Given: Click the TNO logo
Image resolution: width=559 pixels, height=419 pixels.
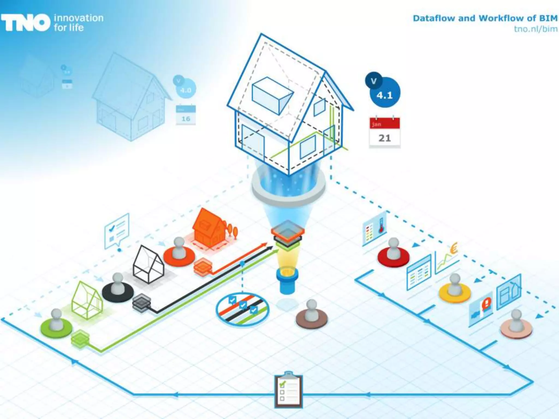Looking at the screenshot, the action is click(x=26, y=23).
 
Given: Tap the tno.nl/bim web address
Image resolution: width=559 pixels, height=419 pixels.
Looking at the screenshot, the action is click(x=536, y=29).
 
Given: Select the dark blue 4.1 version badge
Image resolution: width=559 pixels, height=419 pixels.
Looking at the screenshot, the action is click(x=384, y=93).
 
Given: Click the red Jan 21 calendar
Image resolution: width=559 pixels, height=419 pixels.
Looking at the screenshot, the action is click(x=384, y=133).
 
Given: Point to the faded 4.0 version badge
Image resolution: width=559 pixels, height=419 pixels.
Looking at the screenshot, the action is click(x=185, y=88).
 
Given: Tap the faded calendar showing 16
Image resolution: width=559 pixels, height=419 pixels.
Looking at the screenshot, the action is click(x=186, y=115).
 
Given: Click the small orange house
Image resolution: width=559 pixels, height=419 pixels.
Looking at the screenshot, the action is click(x=209, y=228).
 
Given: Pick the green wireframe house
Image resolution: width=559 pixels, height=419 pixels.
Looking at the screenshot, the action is click(x=87, y=300).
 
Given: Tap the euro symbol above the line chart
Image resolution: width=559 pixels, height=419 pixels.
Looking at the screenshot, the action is click(x=454, y=248).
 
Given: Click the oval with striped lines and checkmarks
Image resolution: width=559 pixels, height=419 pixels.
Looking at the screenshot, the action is click(x=242, y=309).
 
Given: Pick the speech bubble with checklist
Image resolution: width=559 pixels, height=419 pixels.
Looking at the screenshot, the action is click(x=117, y=231).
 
